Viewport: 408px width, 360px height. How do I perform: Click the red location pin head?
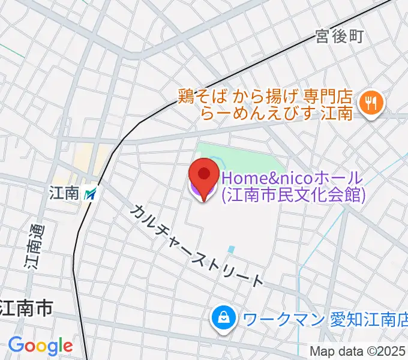click(204, 174)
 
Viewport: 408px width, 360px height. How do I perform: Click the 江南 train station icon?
click(91, 193)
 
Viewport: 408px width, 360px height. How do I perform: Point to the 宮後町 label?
click(340, 37)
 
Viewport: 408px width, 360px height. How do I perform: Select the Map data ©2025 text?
click(358, 351)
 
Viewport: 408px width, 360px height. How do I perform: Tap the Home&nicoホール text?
click(293, 178)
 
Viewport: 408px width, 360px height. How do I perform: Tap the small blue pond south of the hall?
click(231, 248)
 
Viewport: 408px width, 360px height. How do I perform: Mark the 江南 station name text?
click(65, 193)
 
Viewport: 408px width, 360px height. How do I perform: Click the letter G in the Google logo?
click(16, 345)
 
